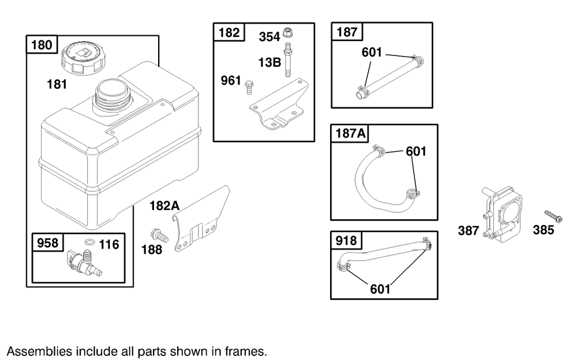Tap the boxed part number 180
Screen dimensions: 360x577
41,45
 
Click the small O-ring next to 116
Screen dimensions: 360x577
89,242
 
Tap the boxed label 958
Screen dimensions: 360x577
47,243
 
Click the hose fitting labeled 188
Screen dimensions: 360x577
157,235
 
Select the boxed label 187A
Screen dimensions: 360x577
350,134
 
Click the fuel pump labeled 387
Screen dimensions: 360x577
500,213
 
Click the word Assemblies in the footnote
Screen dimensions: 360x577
32,351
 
